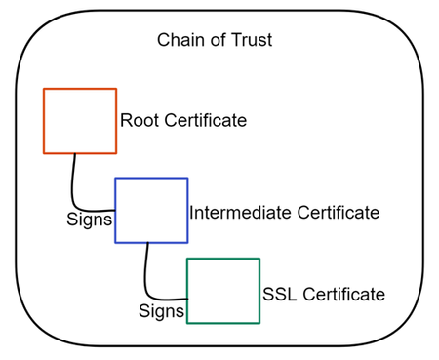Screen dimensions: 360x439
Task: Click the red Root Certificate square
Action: [x=80, y=121]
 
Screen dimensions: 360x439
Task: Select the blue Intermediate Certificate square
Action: [x=151, y=210]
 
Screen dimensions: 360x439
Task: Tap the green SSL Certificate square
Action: [x=223, y=290]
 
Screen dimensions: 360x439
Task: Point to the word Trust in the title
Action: [x=251, y=41]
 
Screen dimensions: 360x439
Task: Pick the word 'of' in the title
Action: [x=214, y=41]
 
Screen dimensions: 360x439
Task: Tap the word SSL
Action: [x=279, y=294]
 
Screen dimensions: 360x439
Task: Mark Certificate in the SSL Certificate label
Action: [x=341, y=294]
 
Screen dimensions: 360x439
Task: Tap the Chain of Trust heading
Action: [x=215, y=41]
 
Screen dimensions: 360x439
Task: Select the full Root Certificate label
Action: [x=183, y=121]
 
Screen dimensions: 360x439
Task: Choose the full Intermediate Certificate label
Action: [x=284, y=212]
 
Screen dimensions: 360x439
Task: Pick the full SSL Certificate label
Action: [x=324, y=294]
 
